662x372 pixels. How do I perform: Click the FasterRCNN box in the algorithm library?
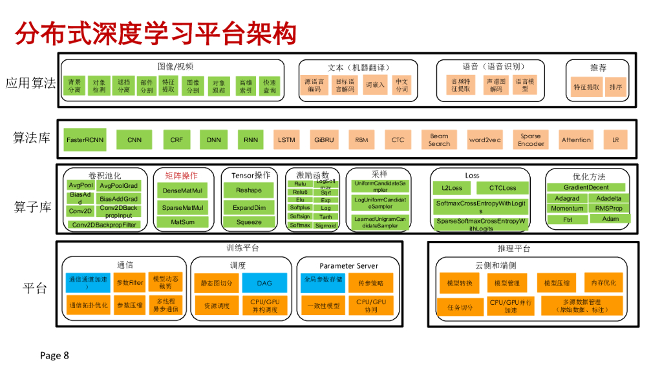click(85, 139)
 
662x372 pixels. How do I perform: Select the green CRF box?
click(176, 139)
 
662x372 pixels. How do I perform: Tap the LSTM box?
click(286, 139)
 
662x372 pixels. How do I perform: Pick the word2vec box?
click(485, 139)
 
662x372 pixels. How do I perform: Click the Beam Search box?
click(439, 139)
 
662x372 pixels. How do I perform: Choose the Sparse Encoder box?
click(531, 139)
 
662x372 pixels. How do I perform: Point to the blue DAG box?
click(264, 283)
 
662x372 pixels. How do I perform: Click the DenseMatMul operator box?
click(182, 191)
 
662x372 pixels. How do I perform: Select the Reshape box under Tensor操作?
click(249, 191)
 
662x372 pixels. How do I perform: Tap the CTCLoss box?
click(502, 188)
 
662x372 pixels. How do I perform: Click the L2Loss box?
click(452, 188)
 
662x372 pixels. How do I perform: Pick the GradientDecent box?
click(586, 187)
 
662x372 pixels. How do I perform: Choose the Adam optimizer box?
click(610, 219)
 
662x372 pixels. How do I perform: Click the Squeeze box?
click(249, 222)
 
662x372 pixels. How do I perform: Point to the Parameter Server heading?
click(348, 265)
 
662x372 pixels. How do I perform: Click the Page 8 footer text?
click(54, 355)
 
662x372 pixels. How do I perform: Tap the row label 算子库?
click(32, 207)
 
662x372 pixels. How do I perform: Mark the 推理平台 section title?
click(514, 248)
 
